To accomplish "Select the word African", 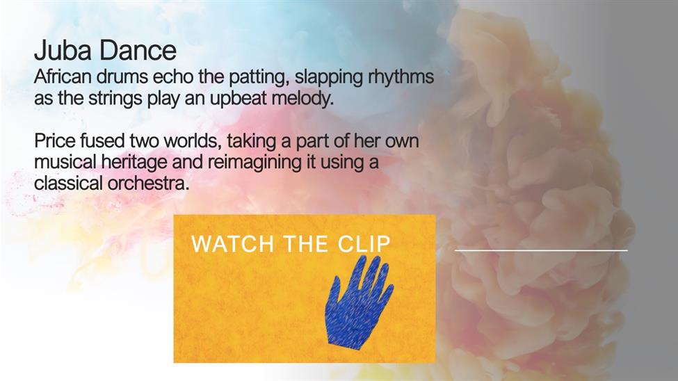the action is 63,76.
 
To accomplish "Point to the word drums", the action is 122,76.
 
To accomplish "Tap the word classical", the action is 68,183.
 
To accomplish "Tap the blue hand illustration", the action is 359,302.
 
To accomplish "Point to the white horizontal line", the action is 541,250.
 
